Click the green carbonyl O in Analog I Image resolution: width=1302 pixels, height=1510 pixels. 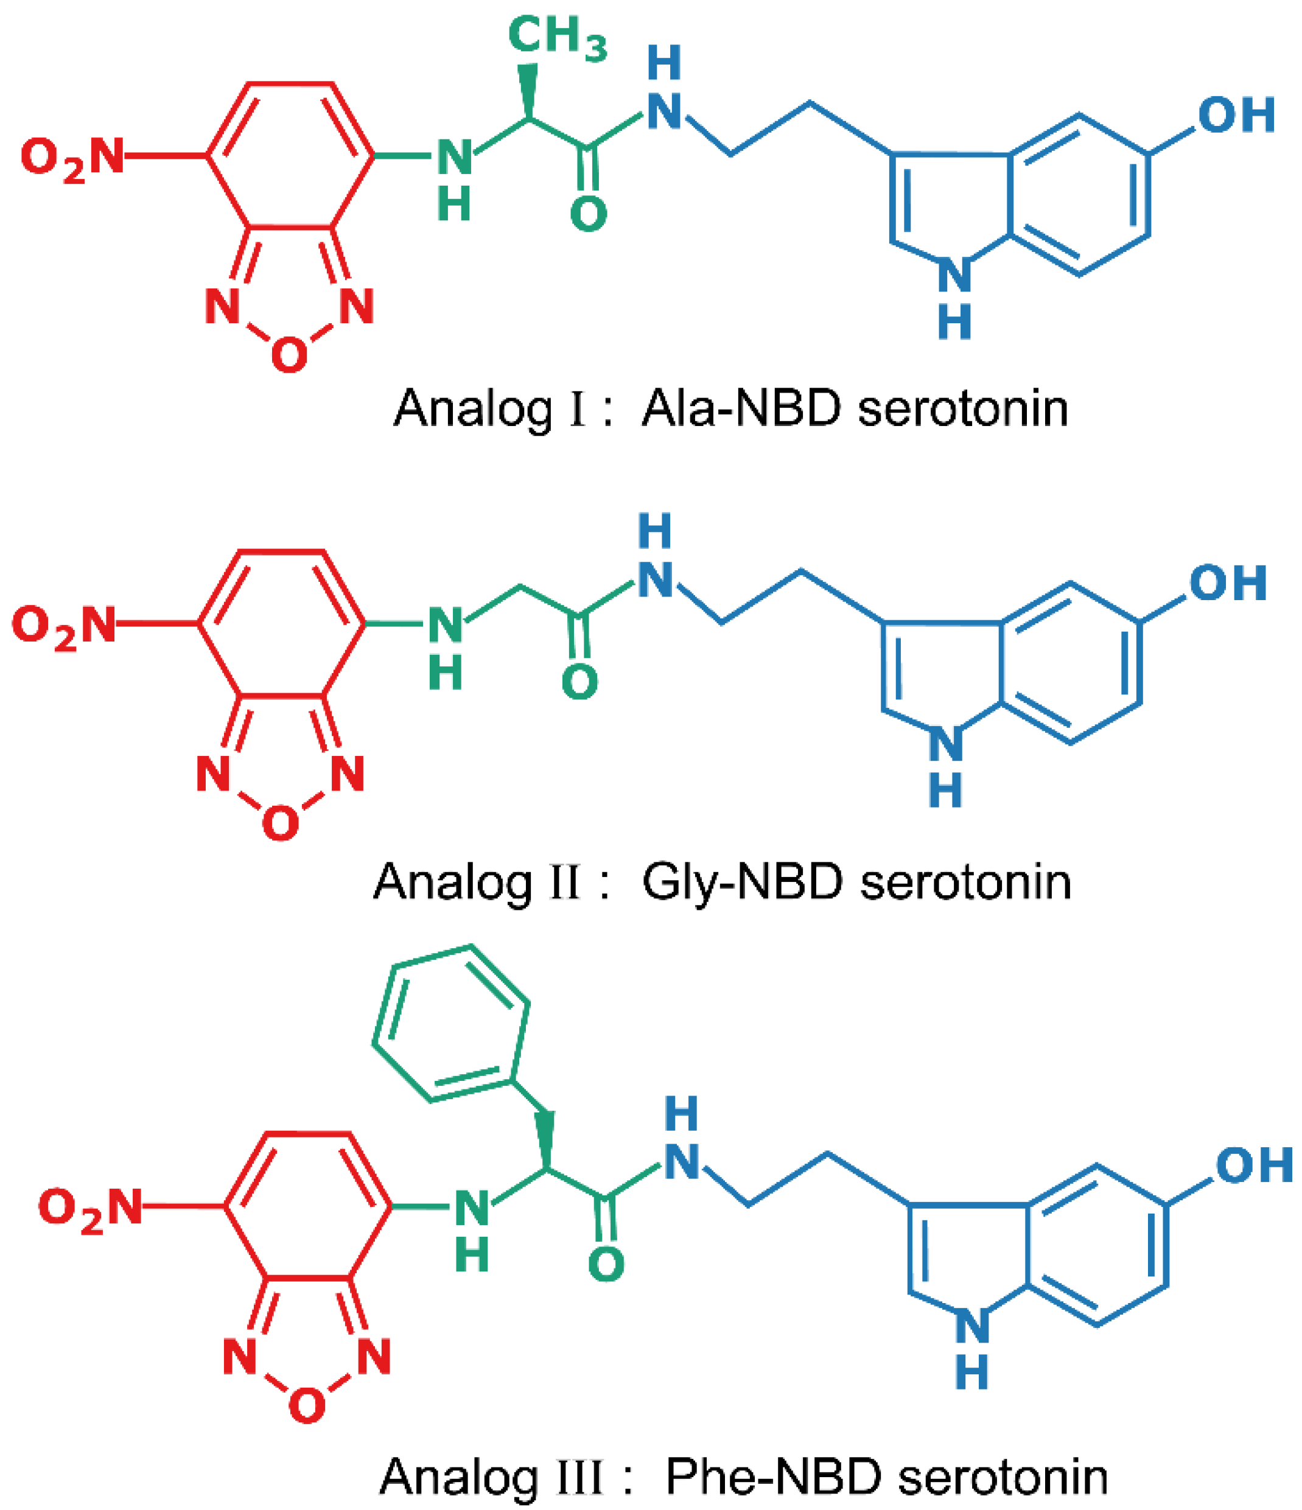point(589,214)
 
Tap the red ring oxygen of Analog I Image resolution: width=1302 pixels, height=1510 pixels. point(289,355)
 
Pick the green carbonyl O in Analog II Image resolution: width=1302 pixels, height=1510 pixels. point(579,682)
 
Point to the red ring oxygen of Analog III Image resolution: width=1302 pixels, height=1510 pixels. point(306,1406)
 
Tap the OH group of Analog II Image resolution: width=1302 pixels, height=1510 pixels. point(1228,583)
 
